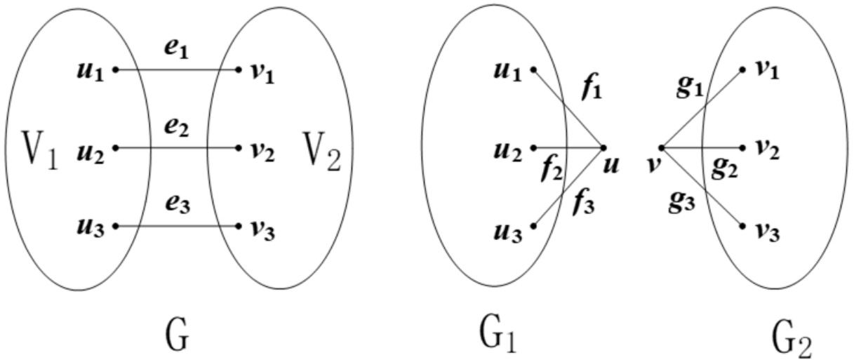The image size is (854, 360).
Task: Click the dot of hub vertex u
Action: coord(603,148)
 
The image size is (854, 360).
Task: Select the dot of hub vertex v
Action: coord(662,148)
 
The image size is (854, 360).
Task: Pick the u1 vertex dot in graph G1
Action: coord(534,69)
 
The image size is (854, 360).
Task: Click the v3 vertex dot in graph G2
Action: coord(742,226)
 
